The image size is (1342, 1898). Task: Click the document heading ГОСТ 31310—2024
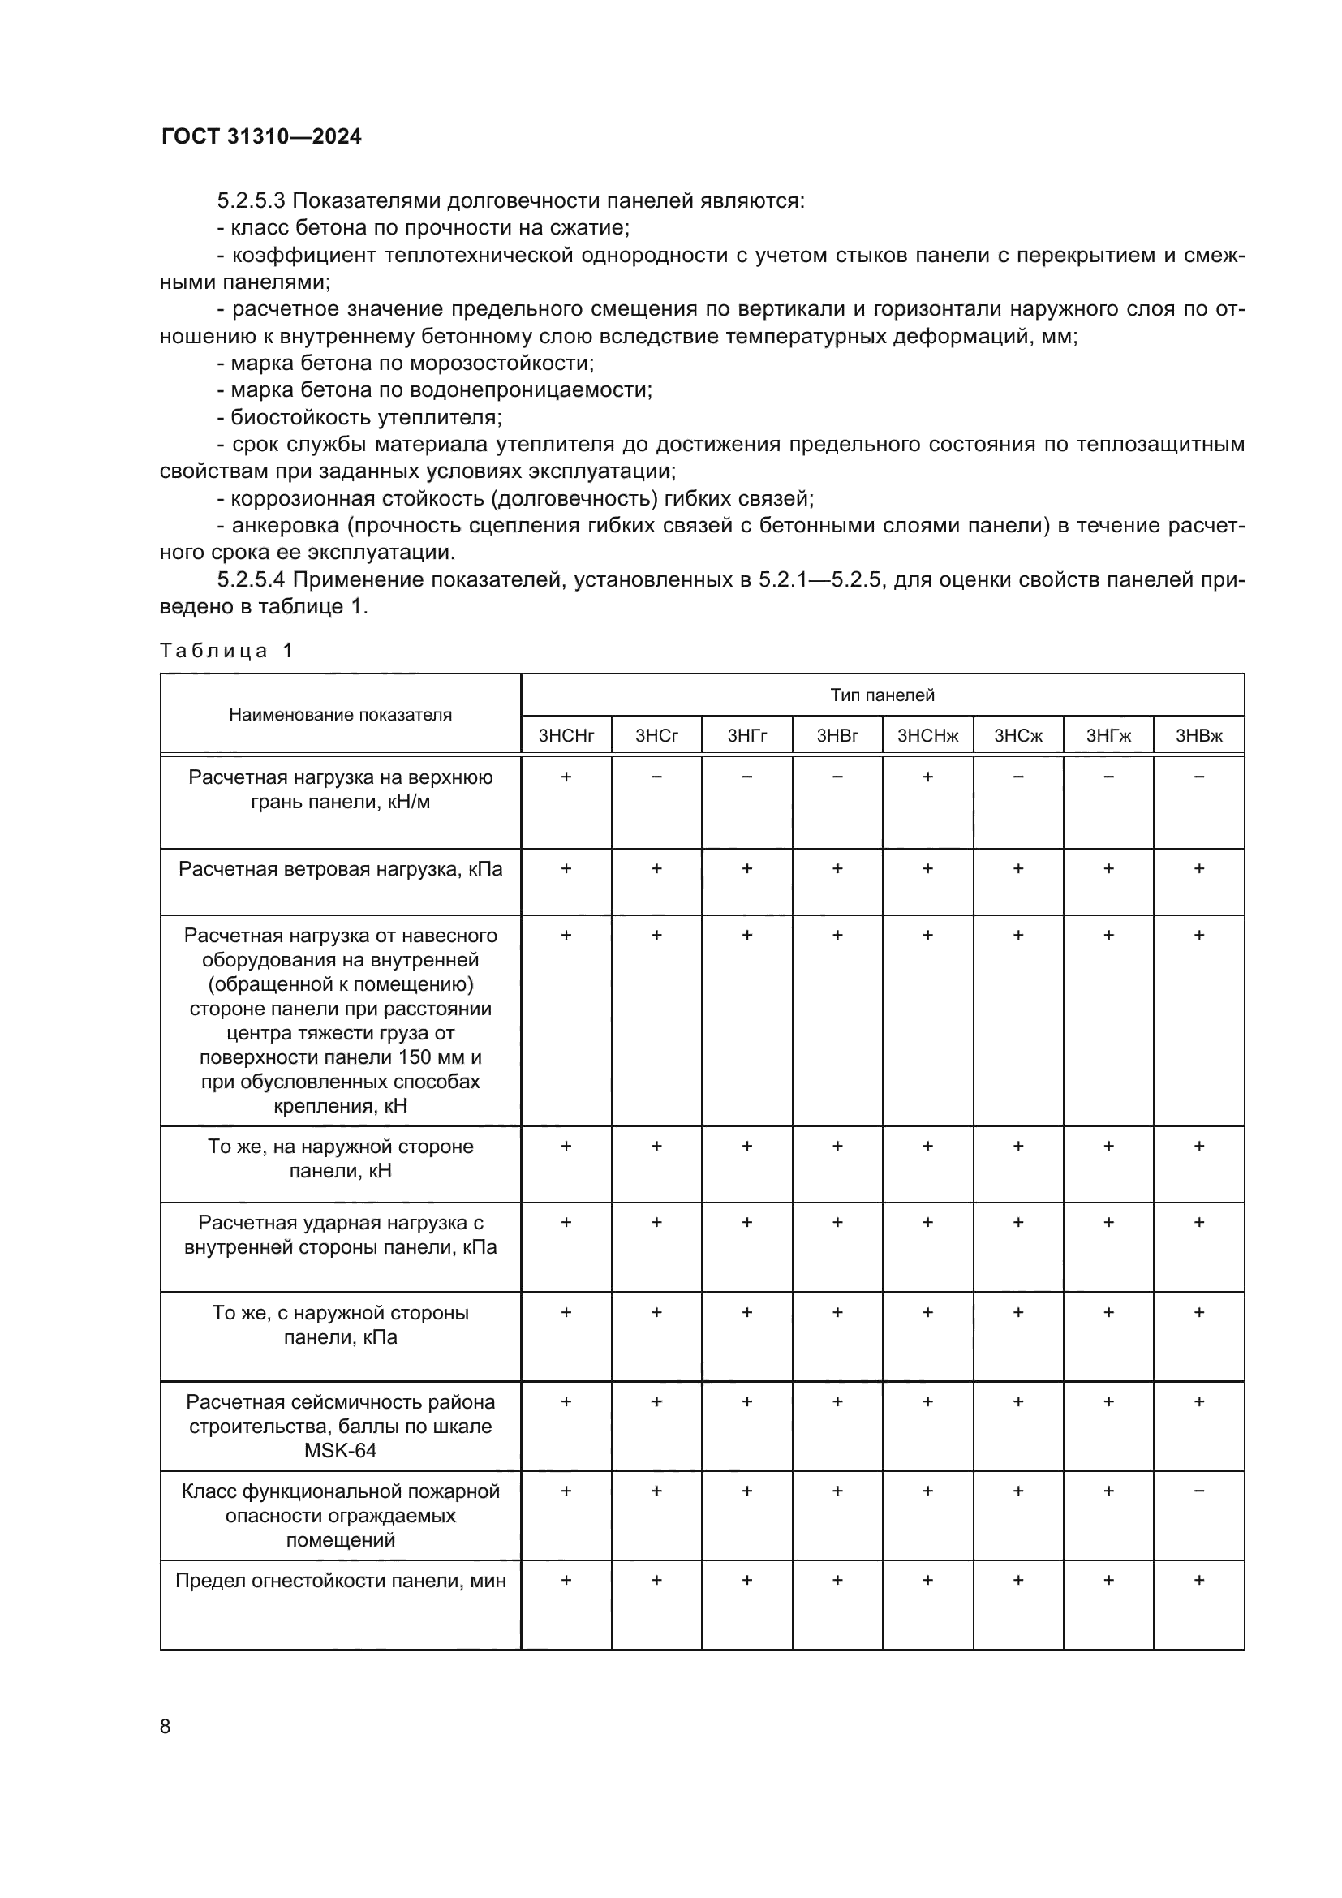261,136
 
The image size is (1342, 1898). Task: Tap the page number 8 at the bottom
166,1726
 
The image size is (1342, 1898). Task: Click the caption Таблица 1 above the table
226,651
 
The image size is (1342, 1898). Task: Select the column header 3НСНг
566,736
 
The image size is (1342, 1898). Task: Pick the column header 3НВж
1198,736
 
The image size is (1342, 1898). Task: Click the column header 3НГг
747,736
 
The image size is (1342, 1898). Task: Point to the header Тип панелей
882,695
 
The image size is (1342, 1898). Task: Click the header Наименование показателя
341,714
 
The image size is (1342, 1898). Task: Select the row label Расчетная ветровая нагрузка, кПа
341,869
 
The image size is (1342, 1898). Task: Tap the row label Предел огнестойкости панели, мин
341,1581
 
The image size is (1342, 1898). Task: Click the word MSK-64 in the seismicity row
341,1450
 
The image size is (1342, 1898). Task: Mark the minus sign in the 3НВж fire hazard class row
1199,1491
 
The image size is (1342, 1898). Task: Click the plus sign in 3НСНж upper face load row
927,777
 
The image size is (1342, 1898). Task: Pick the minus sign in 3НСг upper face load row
656,777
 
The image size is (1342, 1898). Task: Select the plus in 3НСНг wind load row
566,869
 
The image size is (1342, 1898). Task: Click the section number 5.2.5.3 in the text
252,201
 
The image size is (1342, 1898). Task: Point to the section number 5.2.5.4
252,579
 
